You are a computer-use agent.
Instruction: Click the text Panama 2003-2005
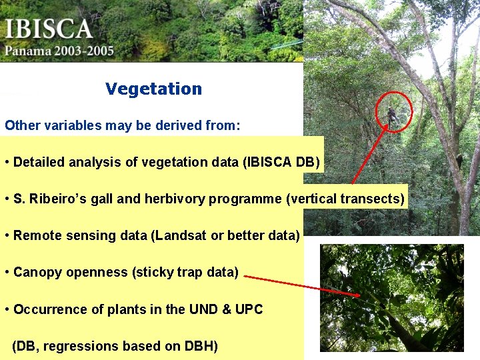59,51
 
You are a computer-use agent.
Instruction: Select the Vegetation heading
153,89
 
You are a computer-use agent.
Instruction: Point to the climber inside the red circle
393,115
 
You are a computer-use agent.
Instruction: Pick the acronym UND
203,309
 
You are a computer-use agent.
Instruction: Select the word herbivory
177,199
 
